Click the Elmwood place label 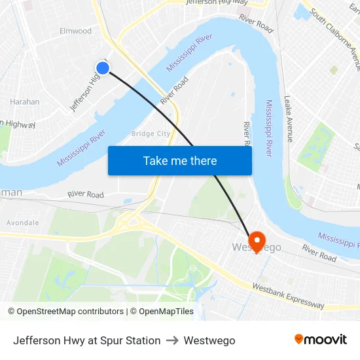pos(75,31)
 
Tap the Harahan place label pos(24,101)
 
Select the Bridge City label pos(151,134)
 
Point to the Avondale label pos(23,223)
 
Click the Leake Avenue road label pos(289,118)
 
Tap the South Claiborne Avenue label pos(334,39)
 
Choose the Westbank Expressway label pos(288,296)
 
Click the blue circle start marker pos(103,67)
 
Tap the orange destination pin pos(255,241)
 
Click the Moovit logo pos(321,339)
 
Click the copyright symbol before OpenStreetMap pos(12,312)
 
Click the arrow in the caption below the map pos(172,340)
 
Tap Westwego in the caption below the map pos(209,340)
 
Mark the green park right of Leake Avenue pos(317,145)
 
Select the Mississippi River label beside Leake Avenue pos(269,128)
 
